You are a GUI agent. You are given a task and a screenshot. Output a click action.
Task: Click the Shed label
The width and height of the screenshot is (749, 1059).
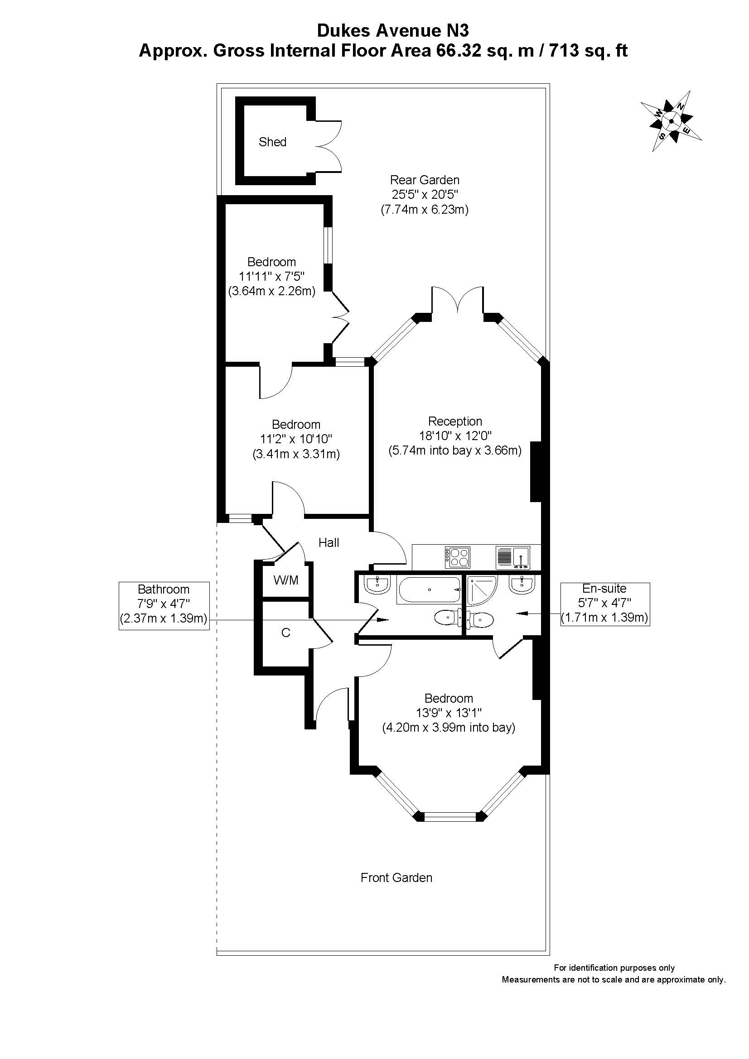(272, 142)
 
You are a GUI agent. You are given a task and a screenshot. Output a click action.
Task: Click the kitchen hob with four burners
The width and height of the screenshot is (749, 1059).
(457, 557)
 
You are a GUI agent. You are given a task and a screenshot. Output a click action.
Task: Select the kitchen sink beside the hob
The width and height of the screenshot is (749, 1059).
(513, 557)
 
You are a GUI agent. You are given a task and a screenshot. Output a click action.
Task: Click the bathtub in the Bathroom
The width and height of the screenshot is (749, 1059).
(429, 589)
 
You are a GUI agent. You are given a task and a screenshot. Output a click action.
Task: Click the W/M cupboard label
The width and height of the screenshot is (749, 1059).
(286, 580)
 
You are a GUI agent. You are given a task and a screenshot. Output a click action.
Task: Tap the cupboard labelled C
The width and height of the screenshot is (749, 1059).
(285, 633)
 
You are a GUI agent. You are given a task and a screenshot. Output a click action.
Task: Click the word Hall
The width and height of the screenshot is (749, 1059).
(329, 543)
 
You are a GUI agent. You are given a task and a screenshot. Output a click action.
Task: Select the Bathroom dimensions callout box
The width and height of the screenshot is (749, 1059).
(164, 606)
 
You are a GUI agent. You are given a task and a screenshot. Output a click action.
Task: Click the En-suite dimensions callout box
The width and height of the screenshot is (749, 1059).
(604, 604)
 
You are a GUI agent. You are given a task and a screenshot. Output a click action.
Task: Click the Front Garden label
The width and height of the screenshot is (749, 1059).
(396, 878)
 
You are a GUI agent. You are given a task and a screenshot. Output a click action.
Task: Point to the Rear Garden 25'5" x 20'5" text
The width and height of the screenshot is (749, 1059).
(425, 195)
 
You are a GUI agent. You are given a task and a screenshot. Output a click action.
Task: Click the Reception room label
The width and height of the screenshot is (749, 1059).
(455, 421)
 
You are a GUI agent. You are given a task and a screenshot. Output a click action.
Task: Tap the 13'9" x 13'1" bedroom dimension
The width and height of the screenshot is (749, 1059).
(449, 713)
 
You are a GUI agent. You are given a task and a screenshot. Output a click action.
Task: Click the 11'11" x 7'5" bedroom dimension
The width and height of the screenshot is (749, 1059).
(272, 276)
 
